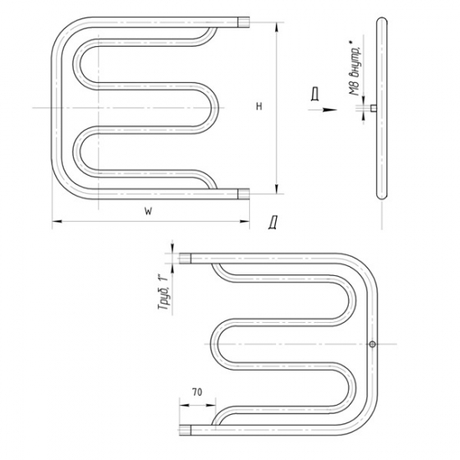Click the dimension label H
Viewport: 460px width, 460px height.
pos(258,106)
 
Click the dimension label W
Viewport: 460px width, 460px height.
pos(148,212)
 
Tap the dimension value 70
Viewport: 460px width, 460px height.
pos(197,391)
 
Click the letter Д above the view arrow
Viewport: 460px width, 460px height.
pos(315,95)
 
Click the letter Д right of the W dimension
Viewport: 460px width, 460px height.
pos(273,222)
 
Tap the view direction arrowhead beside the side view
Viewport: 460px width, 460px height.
pos(330,110)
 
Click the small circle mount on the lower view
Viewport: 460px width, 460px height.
pos(372,344)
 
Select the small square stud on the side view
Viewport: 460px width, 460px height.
pos(374,108)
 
